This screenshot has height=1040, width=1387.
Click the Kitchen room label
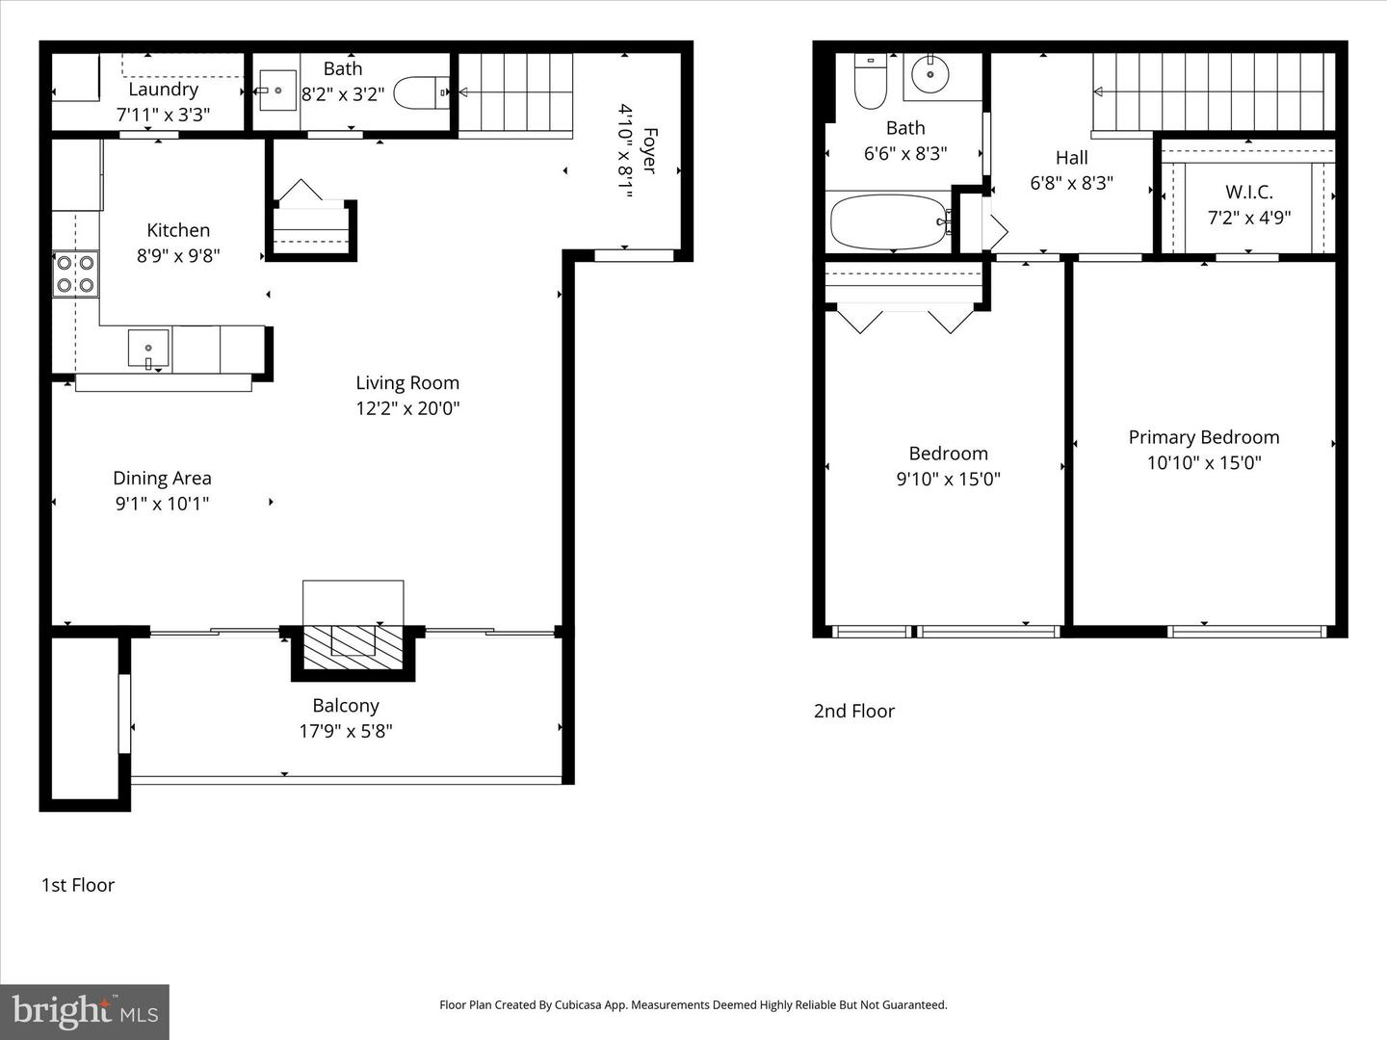(178, 230)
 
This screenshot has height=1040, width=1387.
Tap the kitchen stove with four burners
(75, 273)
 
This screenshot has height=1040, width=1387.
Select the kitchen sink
(148, 349)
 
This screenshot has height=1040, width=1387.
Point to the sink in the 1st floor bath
(277, 91)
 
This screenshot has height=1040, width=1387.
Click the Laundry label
(163, 90)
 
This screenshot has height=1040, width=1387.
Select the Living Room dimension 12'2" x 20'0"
(407, 408)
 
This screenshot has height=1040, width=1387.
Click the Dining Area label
(162, 479)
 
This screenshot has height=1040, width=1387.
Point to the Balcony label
(346, 706)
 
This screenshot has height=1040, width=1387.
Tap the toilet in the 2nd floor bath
(871, 83)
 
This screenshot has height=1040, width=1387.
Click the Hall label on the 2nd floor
(1071, 158)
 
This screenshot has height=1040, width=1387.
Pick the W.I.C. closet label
(1248, 192)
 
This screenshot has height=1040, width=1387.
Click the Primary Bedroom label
(1204, 437)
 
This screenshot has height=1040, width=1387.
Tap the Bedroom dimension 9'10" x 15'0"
(948, 479)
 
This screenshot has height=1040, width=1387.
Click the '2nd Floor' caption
(854, 712)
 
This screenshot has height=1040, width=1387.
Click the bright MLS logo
(85, 1011)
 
